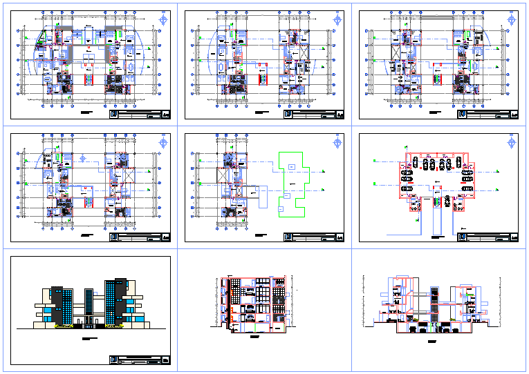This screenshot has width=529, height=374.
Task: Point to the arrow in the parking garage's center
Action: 436,183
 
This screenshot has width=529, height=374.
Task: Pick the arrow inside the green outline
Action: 292,185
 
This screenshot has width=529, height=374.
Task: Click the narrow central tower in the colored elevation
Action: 89,304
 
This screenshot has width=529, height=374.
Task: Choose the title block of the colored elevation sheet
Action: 139,360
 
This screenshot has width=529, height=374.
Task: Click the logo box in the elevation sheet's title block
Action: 113,360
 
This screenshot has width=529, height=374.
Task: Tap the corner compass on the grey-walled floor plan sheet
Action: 164,19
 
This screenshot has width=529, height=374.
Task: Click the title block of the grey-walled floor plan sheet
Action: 139,115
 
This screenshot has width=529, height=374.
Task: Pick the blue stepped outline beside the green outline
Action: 261,195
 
